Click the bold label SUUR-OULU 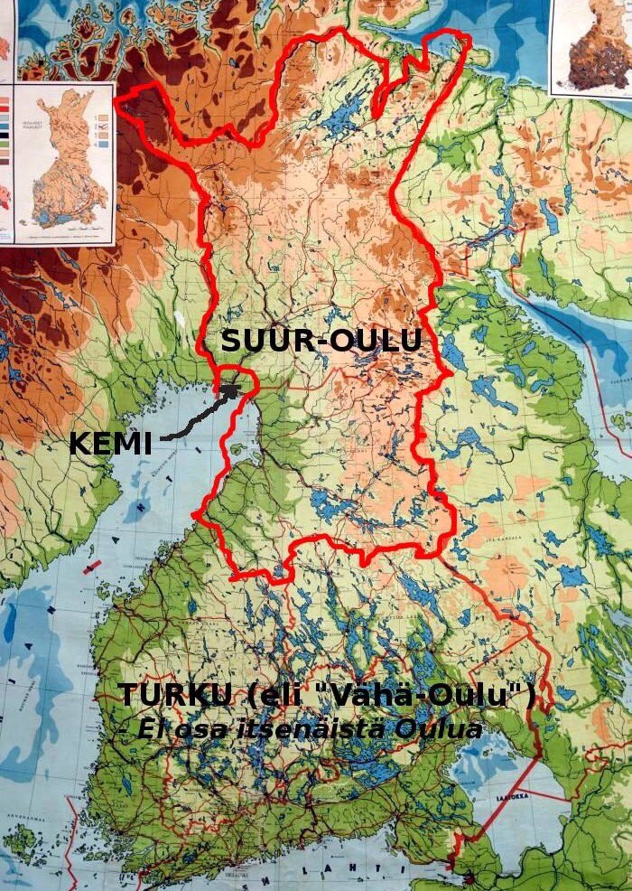pos(321,341)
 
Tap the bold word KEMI pos(110,445)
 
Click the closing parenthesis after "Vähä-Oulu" pos(530,697)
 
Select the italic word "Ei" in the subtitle pos(150,729)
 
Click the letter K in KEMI pos(81,445)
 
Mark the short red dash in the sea pos(91,567)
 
